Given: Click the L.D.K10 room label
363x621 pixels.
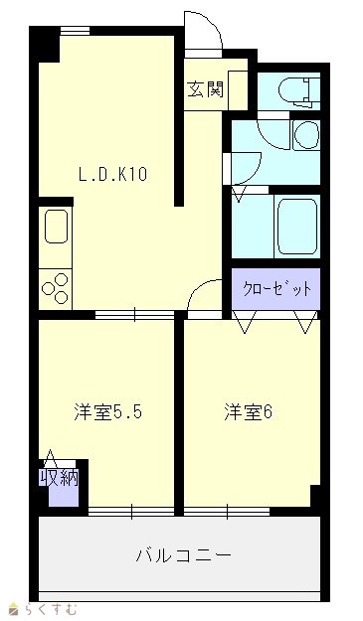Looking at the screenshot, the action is (x=113, y=174).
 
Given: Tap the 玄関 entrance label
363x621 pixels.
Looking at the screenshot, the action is (x=205, y=89).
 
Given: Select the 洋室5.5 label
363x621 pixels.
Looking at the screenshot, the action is (x=107, y=413).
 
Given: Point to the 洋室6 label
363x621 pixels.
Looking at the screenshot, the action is (x=248, y=412).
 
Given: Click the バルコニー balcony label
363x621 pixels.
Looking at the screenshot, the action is (x=183, y=556).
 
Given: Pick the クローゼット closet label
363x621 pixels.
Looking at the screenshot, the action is (x=276, y=290).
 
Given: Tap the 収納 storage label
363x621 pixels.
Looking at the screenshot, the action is (x=59, y=479).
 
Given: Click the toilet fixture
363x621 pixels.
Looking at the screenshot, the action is (x=299, y=91).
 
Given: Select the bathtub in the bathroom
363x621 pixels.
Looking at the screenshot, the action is (x=297, y=227).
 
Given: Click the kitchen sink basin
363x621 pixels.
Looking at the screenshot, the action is (x=56, y=227).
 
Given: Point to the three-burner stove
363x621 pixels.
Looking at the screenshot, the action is (x=56, y=289).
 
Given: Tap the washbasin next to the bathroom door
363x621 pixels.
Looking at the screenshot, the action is (x=306, y=135).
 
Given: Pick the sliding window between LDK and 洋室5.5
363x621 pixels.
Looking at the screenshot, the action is (x=134, y=315).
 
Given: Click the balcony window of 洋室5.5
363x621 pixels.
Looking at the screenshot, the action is (x=131, y=512).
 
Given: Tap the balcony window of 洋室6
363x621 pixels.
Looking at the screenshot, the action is (x=227, y=512).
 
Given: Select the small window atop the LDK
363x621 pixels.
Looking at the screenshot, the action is (x=75, y=31).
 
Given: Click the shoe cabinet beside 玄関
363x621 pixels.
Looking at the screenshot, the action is (x=238, y=91).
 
